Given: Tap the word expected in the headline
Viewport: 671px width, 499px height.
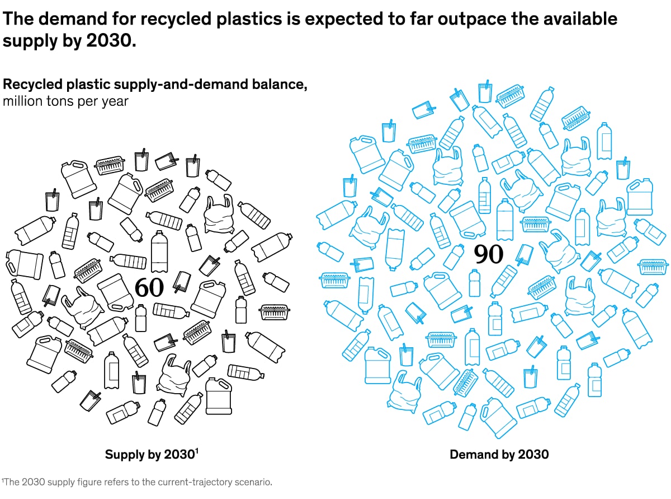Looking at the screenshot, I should click(x=332, y=19).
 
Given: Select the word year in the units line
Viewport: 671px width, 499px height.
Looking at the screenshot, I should click(x=115, y=101).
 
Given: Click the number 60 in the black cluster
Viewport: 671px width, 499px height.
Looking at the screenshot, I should click(x=149, y=287).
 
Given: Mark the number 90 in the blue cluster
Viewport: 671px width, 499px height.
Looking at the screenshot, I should click(x=489, y=254).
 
